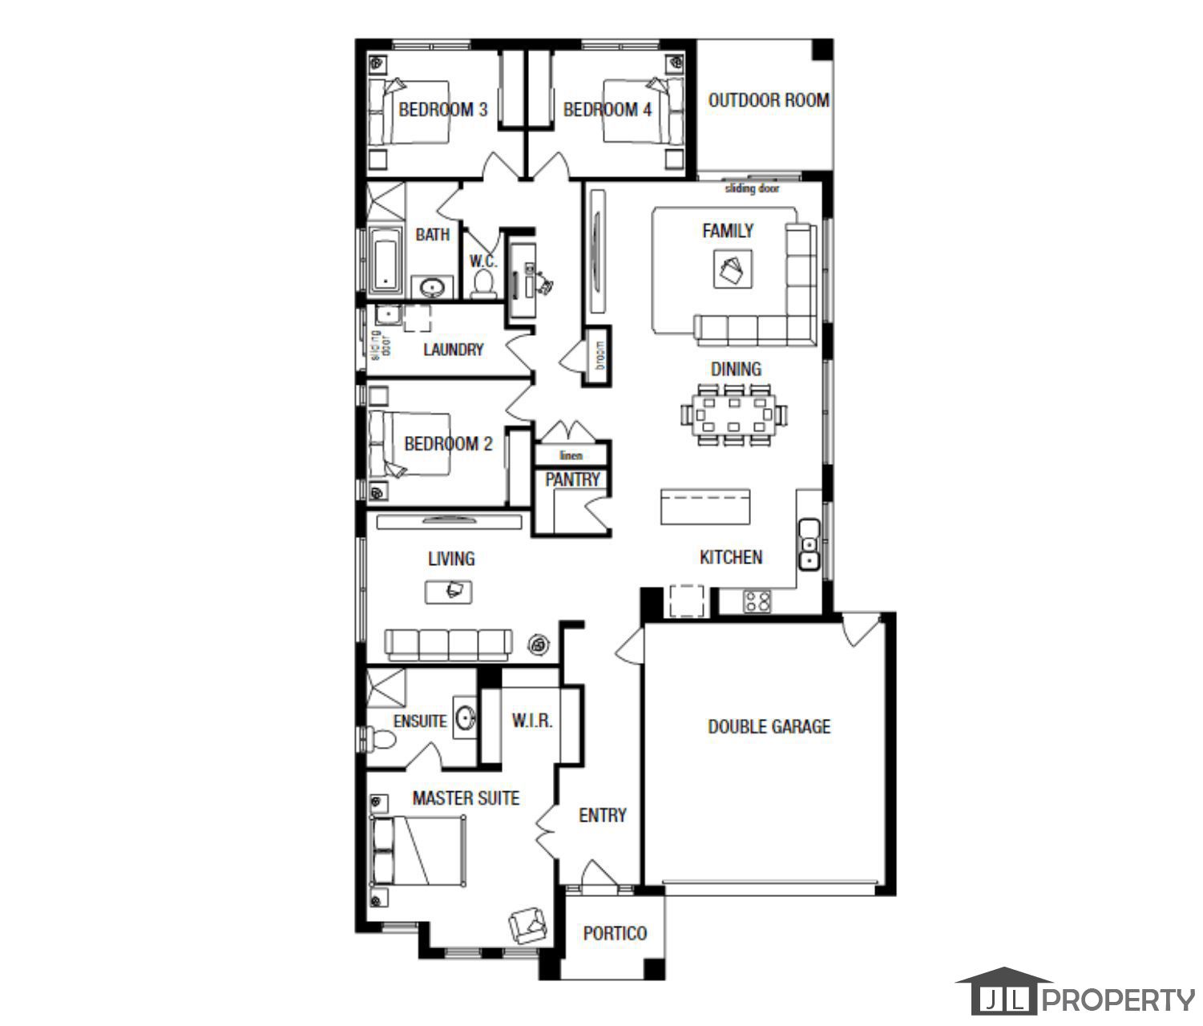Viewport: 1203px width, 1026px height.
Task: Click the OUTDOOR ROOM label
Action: [x=768, y=100]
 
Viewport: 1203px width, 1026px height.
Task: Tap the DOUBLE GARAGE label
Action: [x=769, y=727]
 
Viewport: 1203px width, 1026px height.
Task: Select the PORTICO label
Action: [x=615, y=933]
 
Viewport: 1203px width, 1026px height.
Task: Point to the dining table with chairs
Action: [x=733, y=415]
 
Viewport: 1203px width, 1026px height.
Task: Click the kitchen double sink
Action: [x=809, y=544]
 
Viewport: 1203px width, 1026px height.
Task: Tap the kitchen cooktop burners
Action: [x=757, y=601]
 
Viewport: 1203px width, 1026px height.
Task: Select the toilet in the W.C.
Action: [x=483, y=283]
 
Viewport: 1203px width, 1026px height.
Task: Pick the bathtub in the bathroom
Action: [x=386, y=259]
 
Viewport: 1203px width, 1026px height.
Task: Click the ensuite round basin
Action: [x=465, y=717]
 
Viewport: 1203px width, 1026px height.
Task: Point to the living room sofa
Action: [x=448, y=644]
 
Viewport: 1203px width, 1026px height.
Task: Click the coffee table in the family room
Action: [x=733, y=269]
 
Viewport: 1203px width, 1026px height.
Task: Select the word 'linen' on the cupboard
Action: [x=571, y=456]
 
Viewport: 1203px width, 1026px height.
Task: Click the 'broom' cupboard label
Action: [x=600, y=356]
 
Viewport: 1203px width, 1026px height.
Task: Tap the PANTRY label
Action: [x=572, y=479]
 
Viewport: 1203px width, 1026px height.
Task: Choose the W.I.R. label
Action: [x=532, y=721]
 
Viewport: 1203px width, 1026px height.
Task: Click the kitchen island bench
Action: [x=705, y=507]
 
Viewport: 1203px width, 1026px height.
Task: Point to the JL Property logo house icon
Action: [x=1003, y=992]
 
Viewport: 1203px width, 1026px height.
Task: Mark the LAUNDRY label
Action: [x=453, y=349]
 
